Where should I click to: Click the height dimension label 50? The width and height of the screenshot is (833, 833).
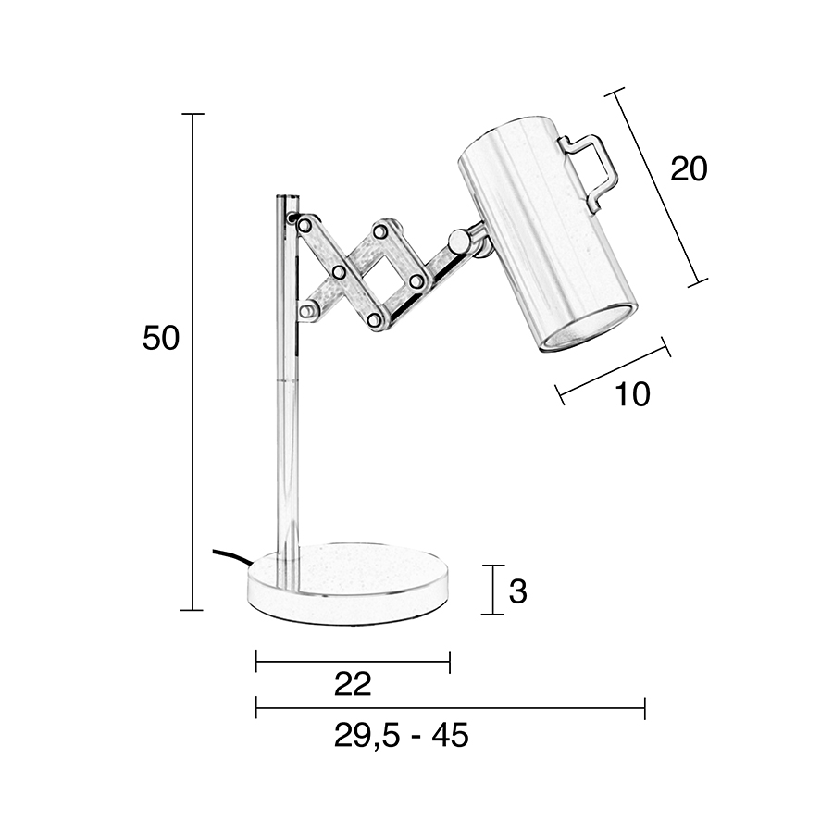(x=161, y=338)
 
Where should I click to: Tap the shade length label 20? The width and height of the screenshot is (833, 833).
(x=689, y=169)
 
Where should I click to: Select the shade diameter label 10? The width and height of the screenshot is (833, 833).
(x=632, y=394)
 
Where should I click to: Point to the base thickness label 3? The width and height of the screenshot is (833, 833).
(x=517, y=591)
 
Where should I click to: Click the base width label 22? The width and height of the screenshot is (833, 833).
(x=353, y=684)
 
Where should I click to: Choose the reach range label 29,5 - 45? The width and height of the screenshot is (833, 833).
(x=401, y=736)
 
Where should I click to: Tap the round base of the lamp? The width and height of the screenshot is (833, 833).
(x=349, y=583)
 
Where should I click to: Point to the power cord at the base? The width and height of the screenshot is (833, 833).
(x=231, y=558)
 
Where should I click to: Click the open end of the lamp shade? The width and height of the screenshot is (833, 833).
(x=589, y=329)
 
